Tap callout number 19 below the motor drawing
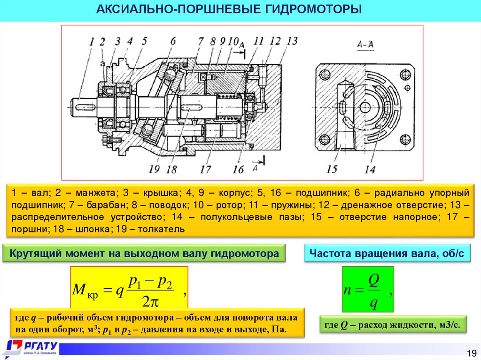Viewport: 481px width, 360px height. pos(155,169)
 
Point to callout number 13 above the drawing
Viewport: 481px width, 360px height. pos(292,41)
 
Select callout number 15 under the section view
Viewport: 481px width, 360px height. pos(332,169)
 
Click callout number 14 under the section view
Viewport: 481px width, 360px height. pos(370,169)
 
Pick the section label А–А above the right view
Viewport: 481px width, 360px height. pos(365,45)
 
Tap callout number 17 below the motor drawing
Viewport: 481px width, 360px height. pos(205,169)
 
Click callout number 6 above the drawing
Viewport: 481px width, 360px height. pos(173,41)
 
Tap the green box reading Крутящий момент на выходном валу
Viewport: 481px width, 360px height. pos(144,254)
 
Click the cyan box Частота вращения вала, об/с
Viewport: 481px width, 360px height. pos(387,254)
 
